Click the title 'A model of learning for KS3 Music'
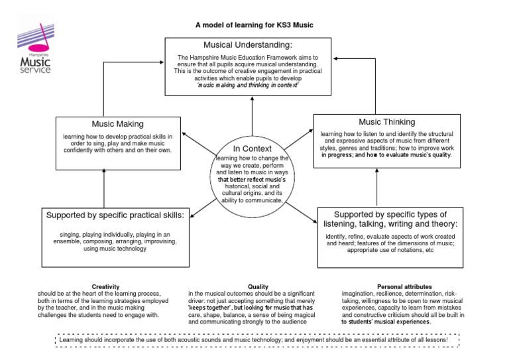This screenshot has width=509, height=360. [x=253, y=25]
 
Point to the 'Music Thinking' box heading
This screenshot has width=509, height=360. [x=387, y=122]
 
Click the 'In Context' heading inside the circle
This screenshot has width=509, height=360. [x=252, y=149]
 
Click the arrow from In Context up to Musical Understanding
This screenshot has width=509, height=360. [x=252, y=116]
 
